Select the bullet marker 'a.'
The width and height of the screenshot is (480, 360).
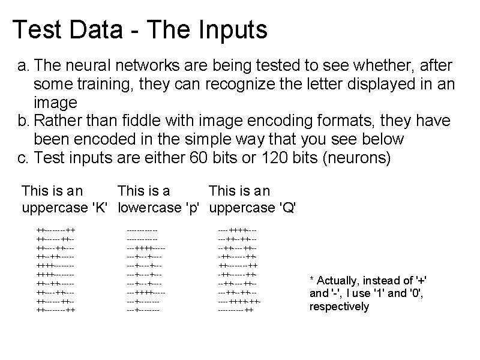coord(23,65)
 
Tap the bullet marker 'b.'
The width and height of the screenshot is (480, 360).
coord(23,121)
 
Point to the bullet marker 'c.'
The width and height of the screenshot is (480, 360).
coord(23,158)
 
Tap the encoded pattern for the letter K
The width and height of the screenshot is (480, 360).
coord(56,270)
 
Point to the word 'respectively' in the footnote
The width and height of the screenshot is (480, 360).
coord(339,307)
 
